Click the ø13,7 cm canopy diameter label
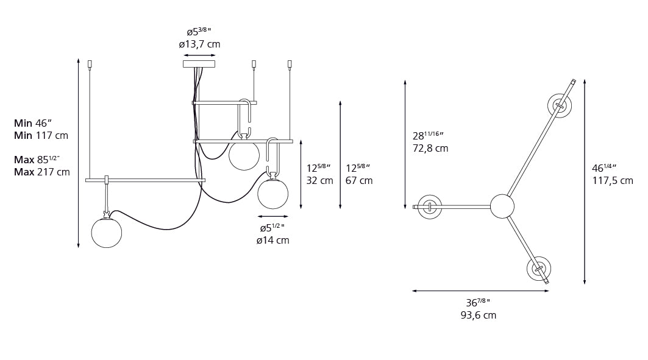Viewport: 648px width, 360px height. click(x=199, y=44)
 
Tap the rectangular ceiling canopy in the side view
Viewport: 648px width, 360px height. click(x=199, y=63)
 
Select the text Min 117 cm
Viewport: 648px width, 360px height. click(x=41, y=135)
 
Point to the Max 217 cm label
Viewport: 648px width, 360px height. click(x=41, y=172)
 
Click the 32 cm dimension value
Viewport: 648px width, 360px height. click(x=319, y=180)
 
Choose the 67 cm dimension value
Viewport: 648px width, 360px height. click(x=358, y=180)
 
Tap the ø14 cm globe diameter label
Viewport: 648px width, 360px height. click(x=272, y=240)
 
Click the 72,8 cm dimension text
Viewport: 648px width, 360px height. click(x=430, y=148)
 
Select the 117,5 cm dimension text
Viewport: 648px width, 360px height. click(x=612, y=180)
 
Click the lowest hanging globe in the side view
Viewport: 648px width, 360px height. click(x=106, y=233)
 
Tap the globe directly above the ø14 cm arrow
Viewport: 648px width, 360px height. click(x=272, y=194)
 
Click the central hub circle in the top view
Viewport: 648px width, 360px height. click(x=502, y=206)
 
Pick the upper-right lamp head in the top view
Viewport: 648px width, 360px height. click(x=559, y=105)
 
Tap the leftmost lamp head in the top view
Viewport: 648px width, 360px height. click(x=430, y=206)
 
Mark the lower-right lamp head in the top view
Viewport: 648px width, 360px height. click(x=538, y=269)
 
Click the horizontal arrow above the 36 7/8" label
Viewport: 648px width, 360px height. click(x=480, y=291)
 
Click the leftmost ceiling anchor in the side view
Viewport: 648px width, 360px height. click(x=90, y=64)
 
